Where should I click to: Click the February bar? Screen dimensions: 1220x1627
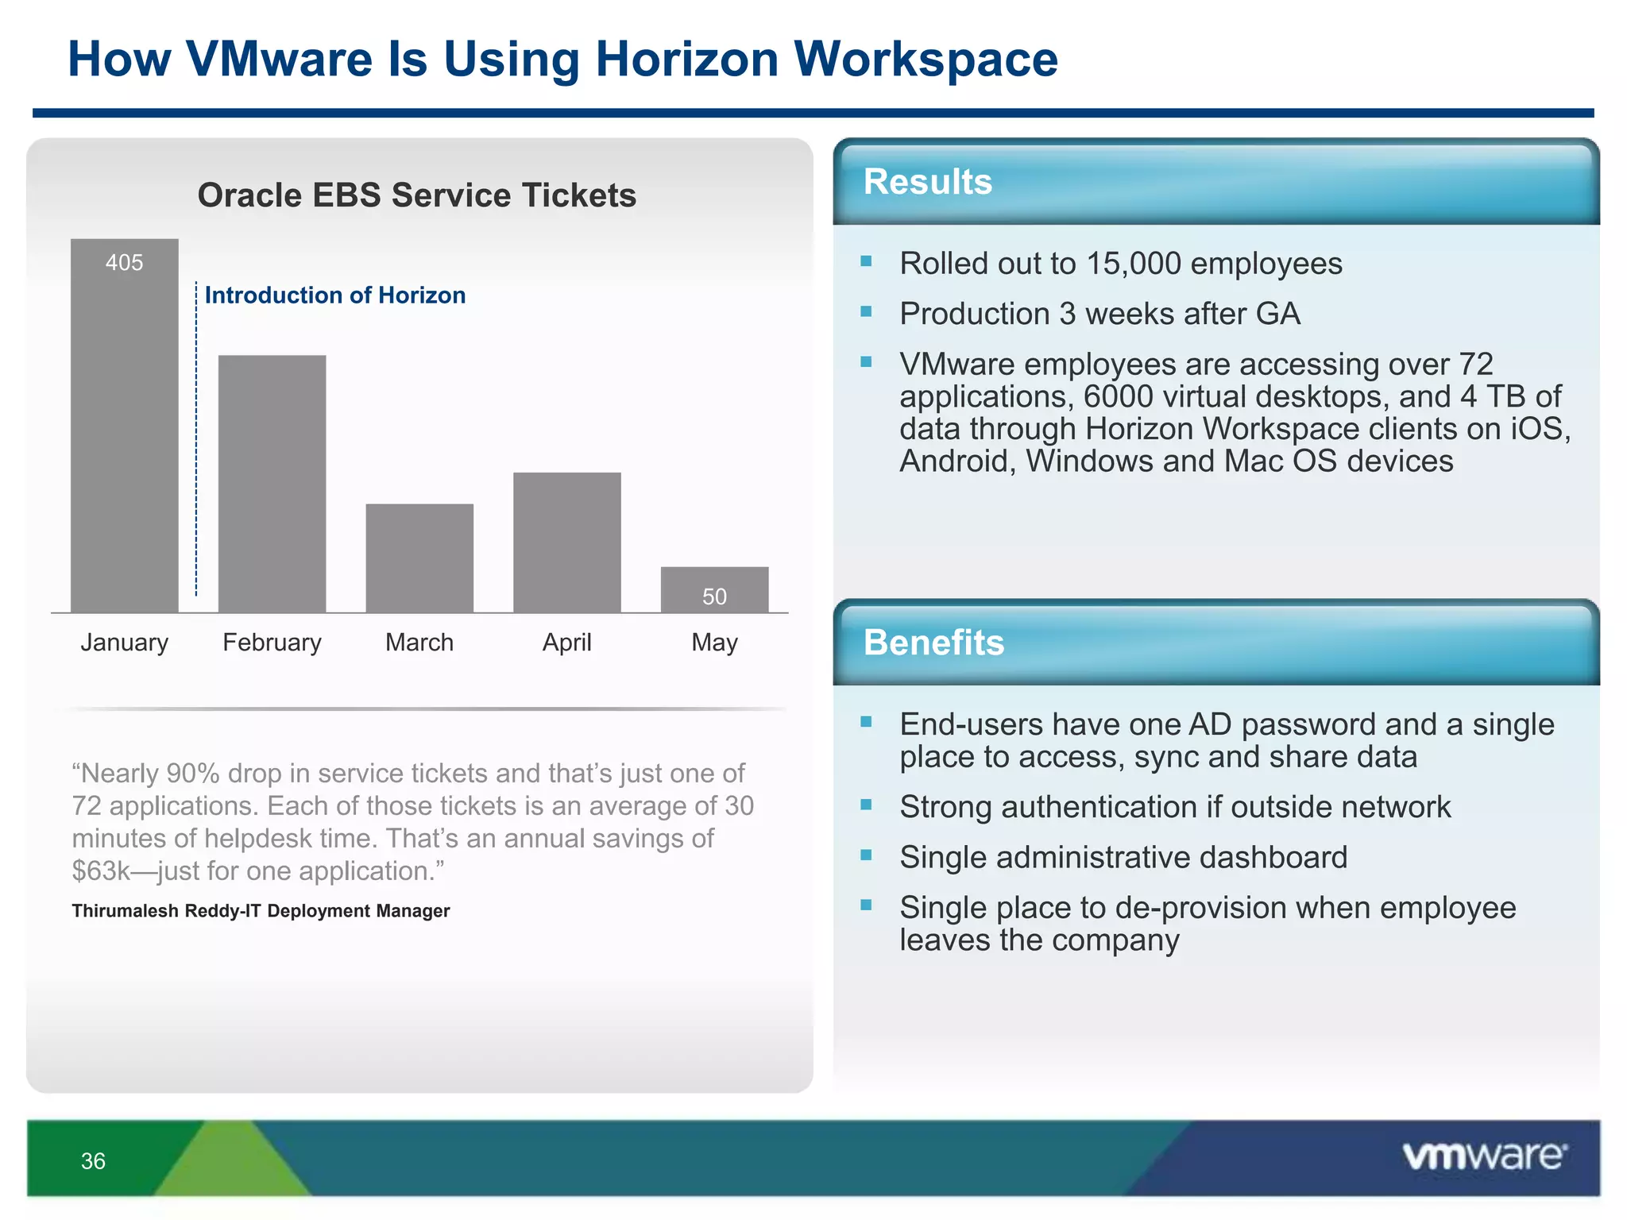coord(272,485)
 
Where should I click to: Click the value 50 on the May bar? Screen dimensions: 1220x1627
coord(714,596)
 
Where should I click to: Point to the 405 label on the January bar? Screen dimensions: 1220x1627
coord(125,263)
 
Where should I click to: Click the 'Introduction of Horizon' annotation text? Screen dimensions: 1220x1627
coord(334,295)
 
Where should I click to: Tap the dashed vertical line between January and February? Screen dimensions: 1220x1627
coord(196,445)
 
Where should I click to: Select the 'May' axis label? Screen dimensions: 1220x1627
coord(714,642)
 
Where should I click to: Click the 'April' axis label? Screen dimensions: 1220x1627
coord(567,642)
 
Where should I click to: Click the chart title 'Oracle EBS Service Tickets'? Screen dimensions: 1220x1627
coord(417,195)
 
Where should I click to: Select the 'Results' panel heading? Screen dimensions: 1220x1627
coord(927,182)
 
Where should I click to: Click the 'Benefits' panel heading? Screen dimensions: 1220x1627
coord(933,643)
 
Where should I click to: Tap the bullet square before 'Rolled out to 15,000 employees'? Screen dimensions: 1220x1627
coord(866,261)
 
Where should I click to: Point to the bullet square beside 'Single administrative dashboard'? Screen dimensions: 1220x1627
coord(866,855)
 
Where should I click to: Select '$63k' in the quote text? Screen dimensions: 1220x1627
coord(101,871)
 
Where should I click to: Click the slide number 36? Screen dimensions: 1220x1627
coord(93,1161)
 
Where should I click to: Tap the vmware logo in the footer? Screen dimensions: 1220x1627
coord(1484,1156)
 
